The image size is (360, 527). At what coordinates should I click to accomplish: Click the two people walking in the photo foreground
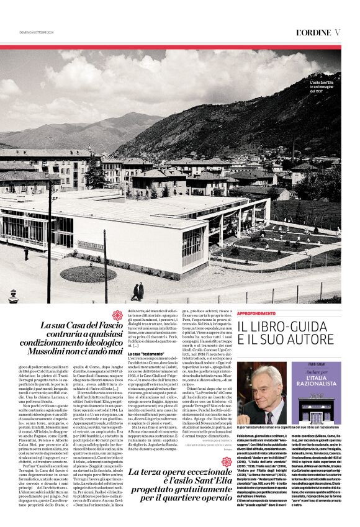coord(137,291)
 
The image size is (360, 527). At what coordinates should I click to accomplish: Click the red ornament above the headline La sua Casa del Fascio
coord(117,315)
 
